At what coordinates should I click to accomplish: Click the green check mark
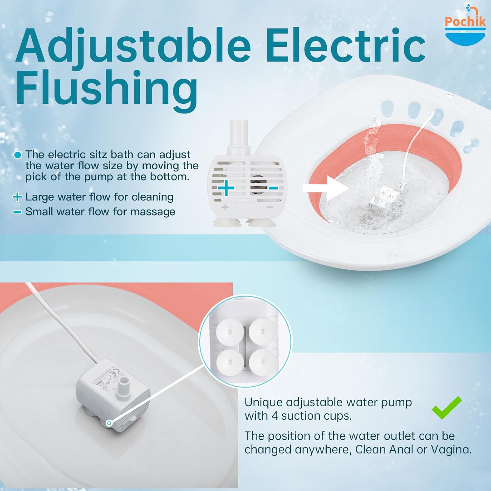(x=447, y=408)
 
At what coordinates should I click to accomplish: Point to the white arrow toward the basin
(x=325, y=188)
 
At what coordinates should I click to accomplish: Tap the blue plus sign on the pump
(x=226, y=188)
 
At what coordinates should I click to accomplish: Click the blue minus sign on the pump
(x=273, y=188)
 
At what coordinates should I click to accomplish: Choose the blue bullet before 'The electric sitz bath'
(x=18, y=155)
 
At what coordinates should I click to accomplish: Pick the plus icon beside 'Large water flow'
(x=17, y=197)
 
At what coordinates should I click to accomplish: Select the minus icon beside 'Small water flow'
(x=17, y=212)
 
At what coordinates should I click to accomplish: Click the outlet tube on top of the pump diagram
(x=238, y=134)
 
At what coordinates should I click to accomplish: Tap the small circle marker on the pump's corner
(x=109, y=423)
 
